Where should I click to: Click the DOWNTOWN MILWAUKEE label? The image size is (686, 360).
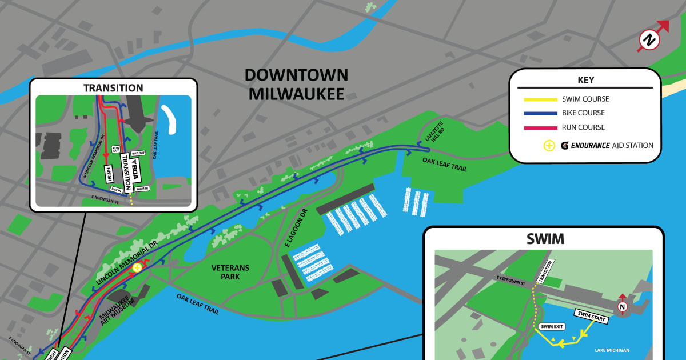(x=296, y=84)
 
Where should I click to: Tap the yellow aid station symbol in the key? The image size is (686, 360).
(x=549, y=145)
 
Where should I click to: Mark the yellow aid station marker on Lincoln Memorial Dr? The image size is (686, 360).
(x=137, y=267)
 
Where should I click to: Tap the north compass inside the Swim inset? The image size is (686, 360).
(x=623, y=307)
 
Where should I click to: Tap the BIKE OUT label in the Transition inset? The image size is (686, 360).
(x=138, y=153)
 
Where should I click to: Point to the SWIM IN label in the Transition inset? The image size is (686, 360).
(x=142, y=189)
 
